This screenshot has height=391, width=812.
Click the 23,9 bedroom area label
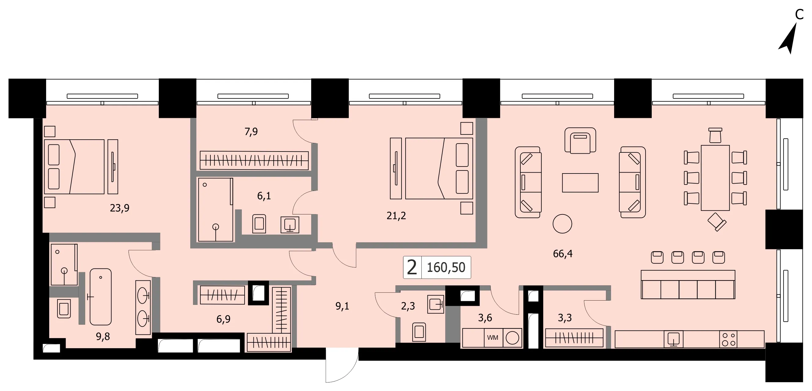click(119, 208)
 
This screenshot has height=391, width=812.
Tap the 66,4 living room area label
click(563, 254)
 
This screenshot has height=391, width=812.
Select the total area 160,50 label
click(446, 267)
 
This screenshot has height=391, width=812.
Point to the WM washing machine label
click(493, 338)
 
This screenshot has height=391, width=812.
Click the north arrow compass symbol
click(789, 39)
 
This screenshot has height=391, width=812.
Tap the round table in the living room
click(562, 224)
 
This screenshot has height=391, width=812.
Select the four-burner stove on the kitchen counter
click(728, 339)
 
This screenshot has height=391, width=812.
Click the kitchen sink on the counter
click(673, 339)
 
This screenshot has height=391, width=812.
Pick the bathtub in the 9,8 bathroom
click(100, 297)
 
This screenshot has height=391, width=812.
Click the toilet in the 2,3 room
click(419, 332)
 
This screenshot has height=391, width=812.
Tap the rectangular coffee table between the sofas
click(580, 183)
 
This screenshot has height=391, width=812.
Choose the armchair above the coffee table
click(580, 141)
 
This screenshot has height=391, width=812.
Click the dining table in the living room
click(715, 178)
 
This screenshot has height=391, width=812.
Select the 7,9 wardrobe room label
click(251, 131)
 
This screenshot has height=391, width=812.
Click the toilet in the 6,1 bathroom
click(259, 224)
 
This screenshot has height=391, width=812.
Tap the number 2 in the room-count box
click(412, 267)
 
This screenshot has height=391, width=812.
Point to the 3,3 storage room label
click(565, 318)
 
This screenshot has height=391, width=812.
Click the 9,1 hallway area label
click(342, 306)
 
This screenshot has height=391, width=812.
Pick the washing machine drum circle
click(512, 338)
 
